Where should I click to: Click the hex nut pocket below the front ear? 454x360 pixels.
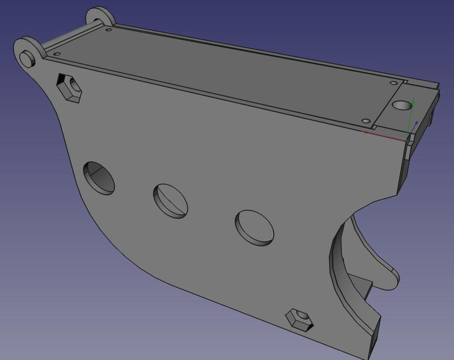pos(69,88)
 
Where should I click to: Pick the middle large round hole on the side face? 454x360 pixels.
pos(170,200)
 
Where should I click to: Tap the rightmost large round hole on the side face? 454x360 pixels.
pos(254,227)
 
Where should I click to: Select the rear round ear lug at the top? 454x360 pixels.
pos(98,15)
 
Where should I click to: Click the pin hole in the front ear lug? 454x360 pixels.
pos(27,57)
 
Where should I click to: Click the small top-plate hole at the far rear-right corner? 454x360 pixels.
pos(393,82)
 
